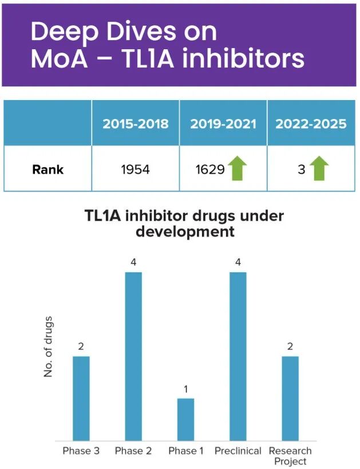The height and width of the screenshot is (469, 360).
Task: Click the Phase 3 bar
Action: point(81,398)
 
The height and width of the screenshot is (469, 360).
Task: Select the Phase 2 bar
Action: point(133,356)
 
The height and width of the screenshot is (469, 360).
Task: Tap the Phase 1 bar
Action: point(186,419)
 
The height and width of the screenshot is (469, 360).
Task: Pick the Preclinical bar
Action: point(238,356)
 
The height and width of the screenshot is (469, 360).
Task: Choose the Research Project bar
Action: point(290,398)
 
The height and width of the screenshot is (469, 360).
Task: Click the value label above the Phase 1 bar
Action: point(186,389)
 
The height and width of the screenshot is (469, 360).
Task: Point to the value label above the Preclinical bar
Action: point(238,263)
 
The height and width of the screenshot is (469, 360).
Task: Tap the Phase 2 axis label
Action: point(133,451)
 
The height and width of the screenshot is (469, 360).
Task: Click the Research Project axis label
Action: point(290,456)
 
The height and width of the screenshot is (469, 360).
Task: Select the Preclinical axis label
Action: point(238,451)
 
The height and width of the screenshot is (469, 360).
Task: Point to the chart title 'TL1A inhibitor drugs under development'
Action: point(184,224)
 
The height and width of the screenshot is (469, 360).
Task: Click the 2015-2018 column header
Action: point(135,124)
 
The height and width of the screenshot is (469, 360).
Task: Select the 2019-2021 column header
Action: point(223,124)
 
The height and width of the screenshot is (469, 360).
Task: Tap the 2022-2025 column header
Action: point(311,124)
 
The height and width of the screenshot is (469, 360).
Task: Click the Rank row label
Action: point(48,169)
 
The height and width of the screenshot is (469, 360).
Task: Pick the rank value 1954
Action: point(135,169)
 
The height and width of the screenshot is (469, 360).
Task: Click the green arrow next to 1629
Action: point(238,169)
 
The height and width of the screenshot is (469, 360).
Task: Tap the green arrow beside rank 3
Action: point(319,169)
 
